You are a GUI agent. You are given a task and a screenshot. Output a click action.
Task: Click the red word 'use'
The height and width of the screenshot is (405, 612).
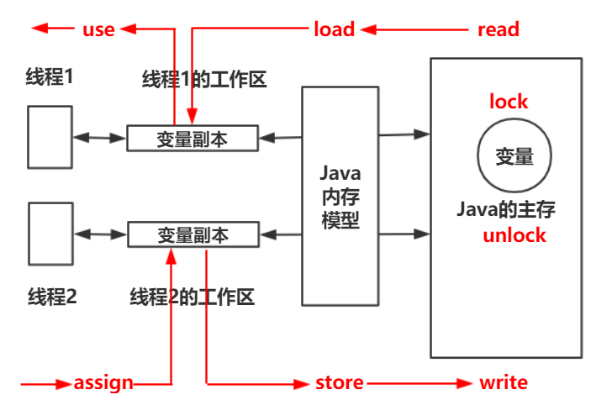[x=98, y=29]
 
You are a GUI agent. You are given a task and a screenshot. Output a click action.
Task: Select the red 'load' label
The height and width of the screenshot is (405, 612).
[x=334, y=29]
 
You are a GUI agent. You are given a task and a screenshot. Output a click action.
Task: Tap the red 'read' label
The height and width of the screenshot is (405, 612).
[x=498, y=29]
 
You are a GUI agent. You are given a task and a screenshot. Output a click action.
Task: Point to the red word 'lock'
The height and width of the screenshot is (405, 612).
[x=509, y=102]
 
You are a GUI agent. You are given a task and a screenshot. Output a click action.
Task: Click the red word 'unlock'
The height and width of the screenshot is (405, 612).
[x=514, y=234]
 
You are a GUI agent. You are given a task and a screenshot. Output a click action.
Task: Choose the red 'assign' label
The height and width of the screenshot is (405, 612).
[x=103, y=383]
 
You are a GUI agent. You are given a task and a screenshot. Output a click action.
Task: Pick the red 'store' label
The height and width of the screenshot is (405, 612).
[x=339, y=383]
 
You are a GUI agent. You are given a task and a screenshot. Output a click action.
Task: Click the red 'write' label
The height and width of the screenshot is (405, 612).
[x=503, y=383]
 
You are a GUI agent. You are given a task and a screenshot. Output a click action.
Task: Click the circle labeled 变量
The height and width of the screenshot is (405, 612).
[x=514, y=156]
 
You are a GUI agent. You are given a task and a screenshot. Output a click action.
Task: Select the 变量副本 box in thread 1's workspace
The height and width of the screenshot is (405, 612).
[x=192, y=138]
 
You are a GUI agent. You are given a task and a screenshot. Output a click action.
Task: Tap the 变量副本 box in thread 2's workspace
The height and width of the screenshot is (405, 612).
[x=192, y=235]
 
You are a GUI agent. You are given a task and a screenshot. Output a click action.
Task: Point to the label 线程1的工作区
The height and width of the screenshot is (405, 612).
[x=203, y=80]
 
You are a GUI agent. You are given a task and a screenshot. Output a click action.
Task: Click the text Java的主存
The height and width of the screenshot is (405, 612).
[x=505, y=209]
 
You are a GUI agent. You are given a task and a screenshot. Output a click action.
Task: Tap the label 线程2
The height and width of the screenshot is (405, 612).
[x=52, y=296]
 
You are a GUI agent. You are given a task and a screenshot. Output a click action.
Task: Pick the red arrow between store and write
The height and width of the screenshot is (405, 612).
[x=420, y=383]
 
